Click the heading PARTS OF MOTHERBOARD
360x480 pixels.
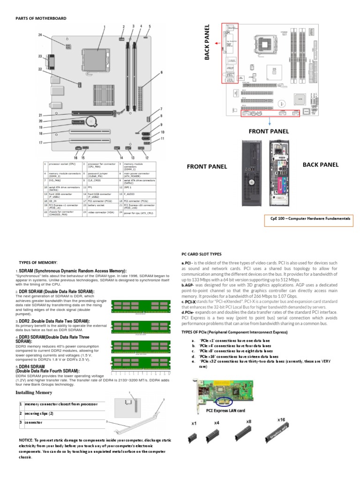click(x=42, y=18)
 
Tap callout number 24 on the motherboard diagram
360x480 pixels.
click(x=40, y=35)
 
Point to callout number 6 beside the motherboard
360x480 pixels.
click(x=161, y=72)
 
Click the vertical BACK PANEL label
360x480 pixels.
click(x=208, y=43)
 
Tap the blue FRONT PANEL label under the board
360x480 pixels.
click(x=269, y=131)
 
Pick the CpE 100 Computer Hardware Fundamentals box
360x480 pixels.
click(x=310, y=218)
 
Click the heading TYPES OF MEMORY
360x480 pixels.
click(x=38, y=262)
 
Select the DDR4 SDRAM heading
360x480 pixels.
click(x=30, y=366)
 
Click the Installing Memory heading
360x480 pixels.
click(x=34, y=392)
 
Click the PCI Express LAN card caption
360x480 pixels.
click(x=225, y=410)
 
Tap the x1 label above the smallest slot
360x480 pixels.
click(x=194, y=423)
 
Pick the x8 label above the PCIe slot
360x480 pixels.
click(x=248, y=421)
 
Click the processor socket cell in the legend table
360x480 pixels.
click(x=63, y=165)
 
